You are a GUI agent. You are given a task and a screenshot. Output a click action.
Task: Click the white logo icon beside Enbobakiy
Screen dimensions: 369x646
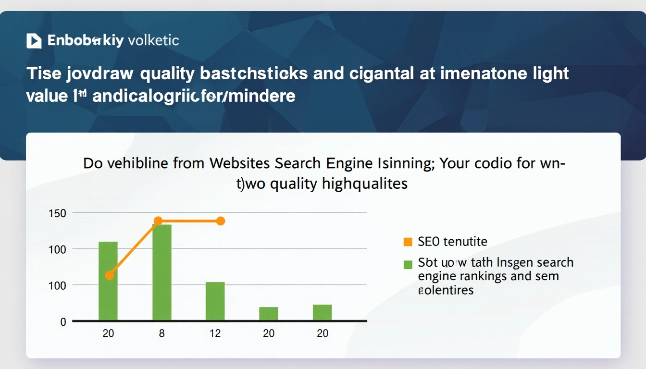34,41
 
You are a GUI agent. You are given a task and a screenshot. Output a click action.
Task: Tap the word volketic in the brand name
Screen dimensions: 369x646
152,40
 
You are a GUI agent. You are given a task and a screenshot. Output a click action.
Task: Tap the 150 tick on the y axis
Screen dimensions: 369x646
57,213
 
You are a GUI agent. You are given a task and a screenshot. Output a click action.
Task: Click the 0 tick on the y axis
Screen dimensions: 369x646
63,322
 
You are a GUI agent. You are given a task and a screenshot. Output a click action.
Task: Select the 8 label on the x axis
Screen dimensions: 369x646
161,333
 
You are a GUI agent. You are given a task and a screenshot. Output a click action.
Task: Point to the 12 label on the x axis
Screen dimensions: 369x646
215,333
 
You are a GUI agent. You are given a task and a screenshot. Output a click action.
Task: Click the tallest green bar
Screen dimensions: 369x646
161,272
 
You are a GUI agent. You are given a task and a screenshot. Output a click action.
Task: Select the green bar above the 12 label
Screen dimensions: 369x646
215,301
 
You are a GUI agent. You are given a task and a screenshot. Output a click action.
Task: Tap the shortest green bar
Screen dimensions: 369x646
269,314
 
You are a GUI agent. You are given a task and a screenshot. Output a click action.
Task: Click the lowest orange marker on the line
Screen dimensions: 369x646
110,275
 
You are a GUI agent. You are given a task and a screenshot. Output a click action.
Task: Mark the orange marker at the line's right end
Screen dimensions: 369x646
221,221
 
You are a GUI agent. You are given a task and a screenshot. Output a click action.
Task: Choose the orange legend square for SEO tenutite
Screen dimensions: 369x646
408,242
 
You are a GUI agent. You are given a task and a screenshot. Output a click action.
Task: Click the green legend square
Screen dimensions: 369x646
408,264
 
